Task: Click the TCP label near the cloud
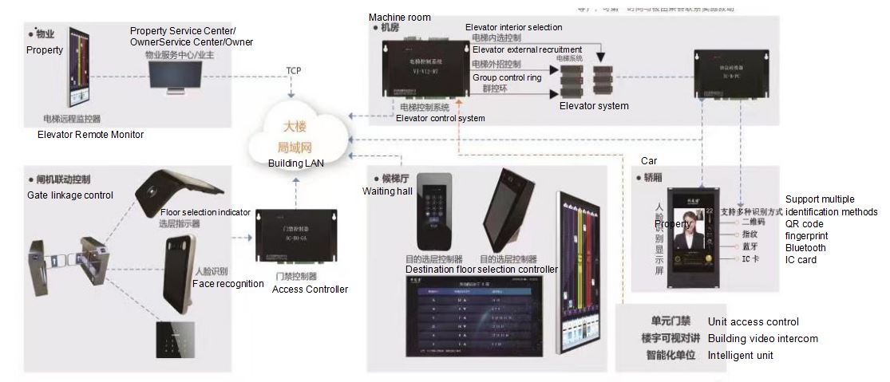295,71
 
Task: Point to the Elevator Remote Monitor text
90,135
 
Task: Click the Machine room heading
399,18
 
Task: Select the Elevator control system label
440,119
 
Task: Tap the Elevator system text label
594,106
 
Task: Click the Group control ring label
506,78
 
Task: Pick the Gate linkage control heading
70,195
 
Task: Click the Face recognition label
227,283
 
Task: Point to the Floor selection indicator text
205,213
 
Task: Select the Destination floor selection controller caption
481,270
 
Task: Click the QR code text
804,224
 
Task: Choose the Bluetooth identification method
805,248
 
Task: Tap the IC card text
801,260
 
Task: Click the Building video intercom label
762,339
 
